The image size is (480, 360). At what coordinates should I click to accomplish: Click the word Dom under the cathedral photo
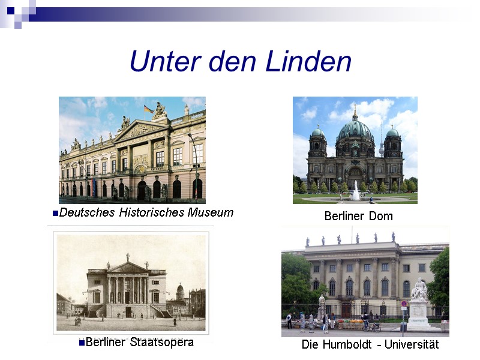[x=382, y=216]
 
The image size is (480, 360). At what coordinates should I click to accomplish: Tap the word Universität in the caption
[x=413, y=345]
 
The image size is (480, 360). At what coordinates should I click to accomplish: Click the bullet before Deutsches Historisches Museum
[x=56, y=213]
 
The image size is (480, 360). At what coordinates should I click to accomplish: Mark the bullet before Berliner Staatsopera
[x=82, y=343]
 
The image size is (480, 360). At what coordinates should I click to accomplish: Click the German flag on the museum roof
[x=148, y=109]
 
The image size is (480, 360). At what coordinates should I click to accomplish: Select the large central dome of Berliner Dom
[x=355, y=128]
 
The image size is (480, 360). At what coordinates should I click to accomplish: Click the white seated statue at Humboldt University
[x=419, y=290]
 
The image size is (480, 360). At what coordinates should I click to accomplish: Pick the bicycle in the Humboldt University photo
[x=371, y=326]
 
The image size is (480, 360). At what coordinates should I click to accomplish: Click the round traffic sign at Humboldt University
[x=403, y=304]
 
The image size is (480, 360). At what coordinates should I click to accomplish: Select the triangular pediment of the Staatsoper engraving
[x=128, y=266]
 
